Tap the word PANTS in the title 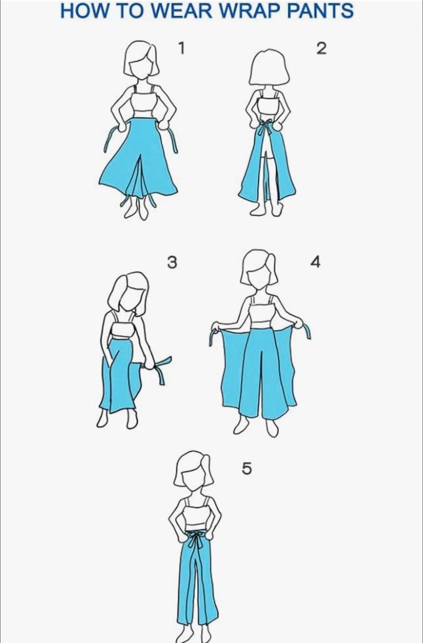(x=321, y=11)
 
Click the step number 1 (x=181, y=48)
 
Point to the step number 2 (x=321, y=48)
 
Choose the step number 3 (x=172, y=263)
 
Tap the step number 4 (x=315, y=262)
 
